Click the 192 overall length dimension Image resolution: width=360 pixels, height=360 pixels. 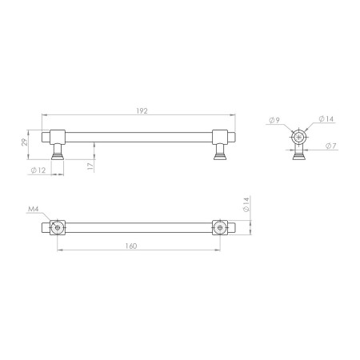tap(142, 110)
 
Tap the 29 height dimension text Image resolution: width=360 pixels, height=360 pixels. tap(25, 142)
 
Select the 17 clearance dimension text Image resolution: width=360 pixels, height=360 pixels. tap(90, 166)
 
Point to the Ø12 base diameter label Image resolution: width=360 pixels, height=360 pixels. tap(38, 170)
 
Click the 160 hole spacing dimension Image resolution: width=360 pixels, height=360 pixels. tap(131, 246)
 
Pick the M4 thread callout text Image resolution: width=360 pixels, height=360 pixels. tap(34, 209)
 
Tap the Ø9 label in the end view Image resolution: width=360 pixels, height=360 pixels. tap(274, 120)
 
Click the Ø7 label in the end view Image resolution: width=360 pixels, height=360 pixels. tap(331, 146)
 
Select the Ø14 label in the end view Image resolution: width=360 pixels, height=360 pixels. tap(326, 119)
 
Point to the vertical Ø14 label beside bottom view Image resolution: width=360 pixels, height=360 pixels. tap(246, 205)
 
